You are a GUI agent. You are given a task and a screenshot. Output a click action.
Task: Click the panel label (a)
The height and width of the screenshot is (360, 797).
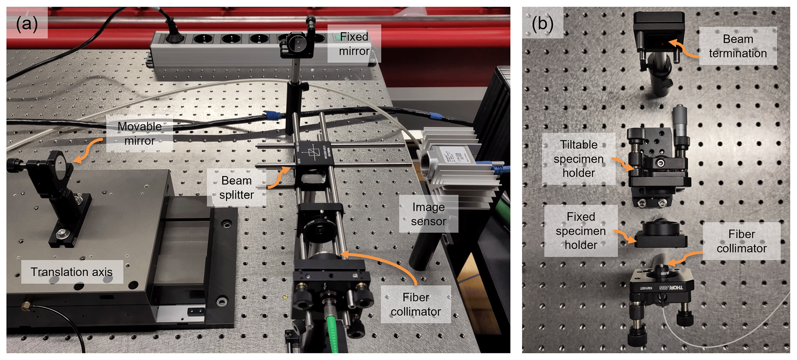pyautogui.click(x=27, y=24)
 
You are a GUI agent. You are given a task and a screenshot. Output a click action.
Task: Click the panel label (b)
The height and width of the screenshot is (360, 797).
pyautogui.click(x=542, y=24)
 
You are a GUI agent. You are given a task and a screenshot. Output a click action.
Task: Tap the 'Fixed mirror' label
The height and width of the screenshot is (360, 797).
pyautogui.click(x=354, y=44)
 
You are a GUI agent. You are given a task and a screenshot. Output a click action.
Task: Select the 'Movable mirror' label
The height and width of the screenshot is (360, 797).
pyautogui.click(x=139, y=133)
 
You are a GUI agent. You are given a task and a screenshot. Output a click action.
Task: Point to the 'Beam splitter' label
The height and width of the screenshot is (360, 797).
pyautogui.click(x=236, y=188)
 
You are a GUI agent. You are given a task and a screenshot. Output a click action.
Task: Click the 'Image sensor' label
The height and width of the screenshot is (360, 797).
pyautogui.click(x=428, y=214)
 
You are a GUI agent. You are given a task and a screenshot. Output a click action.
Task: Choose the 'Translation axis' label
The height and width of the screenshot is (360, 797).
pyautogui.click(x=72, y=272)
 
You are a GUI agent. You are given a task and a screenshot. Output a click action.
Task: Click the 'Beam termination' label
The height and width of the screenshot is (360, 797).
pyautogui.click(x=737, y=46)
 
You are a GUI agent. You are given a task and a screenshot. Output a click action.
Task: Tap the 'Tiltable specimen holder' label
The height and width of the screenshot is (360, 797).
pyautogui.click(x=578, y=158)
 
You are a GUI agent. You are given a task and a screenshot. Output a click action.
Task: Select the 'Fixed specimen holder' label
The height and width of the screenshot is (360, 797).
pyautogui.click(x=580, y=230)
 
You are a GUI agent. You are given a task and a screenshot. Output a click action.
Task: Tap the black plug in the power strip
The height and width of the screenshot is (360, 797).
pyautogui.click(x=174, y=37)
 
